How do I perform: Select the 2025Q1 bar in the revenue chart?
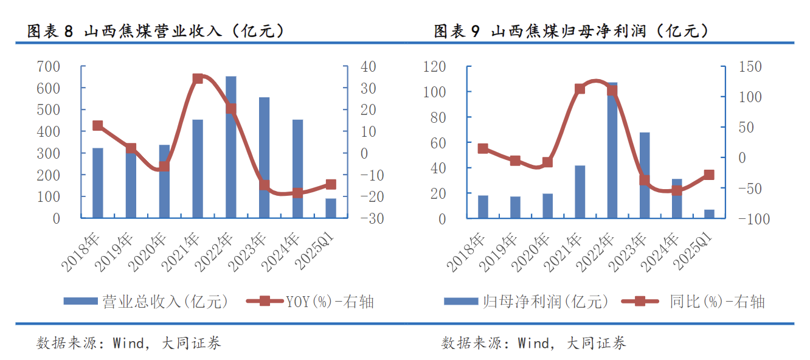[x=331, y=208]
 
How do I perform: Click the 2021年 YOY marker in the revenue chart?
[x=198, y=79]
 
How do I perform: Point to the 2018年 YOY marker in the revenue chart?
[x=97, y=126]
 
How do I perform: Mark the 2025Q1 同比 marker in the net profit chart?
[x=709, y=175]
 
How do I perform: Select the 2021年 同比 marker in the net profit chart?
[x=580, y=89]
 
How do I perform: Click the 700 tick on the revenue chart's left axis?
[x=48, y=66]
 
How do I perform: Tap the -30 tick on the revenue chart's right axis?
[x=372, y=219]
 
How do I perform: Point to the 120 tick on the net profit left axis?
[x=434, y=66]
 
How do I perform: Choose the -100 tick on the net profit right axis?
[x=753, y=219]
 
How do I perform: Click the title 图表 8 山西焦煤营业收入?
[x=156, y=32]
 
